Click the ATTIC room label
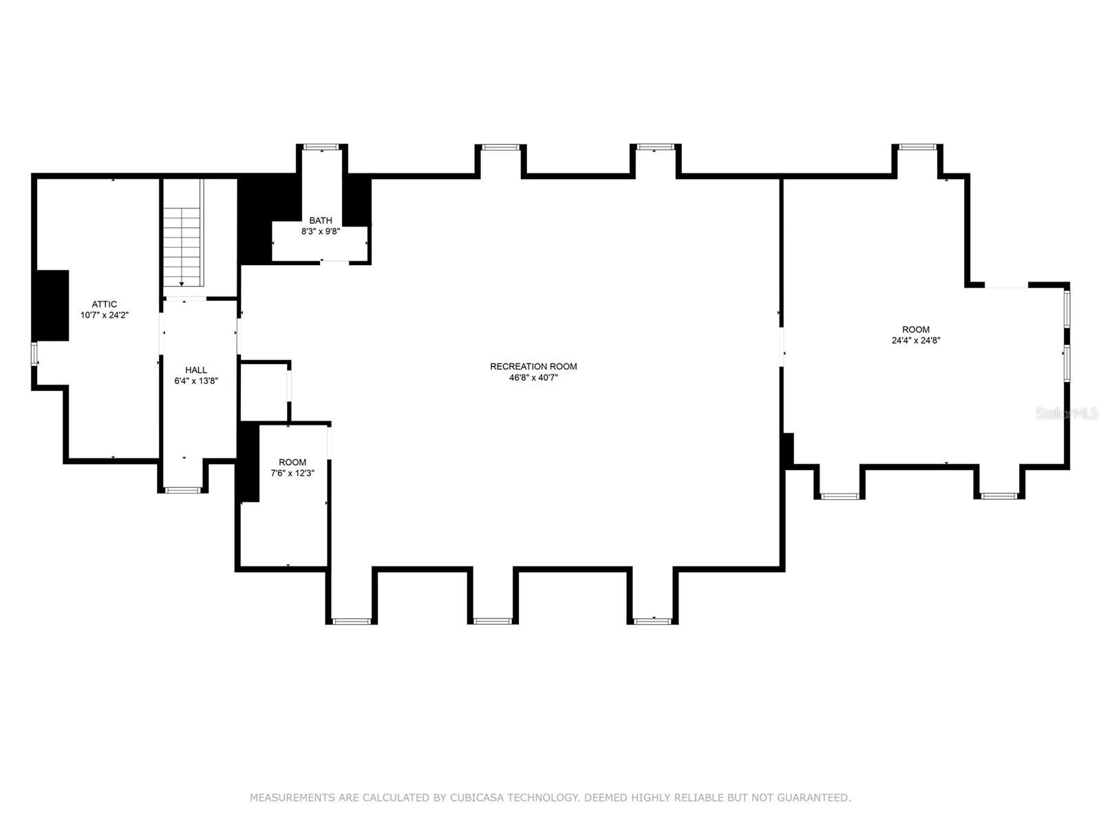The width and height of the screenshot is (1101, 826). tap(105, 304)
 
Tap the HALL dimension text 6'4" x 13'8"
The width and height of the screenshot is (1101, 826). tap(196, 381)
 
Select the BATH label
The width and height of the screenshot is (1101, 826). tap(321, 220)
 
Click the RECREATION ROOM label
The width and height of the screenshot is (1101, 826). tap(533, 366)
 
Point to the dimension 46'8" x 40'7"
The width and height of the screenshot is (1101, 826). tap(533, 377)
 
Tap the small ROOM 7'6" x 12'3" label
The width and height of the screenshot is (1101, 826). tap(292, 462)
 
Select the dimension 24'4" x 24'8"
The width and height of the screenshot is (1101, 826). tap(916, 340)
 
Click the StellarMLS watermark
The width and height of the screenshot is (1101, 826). tap(1067, 413)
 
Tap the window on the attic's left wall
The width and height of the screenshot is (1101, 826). tap(34, 354)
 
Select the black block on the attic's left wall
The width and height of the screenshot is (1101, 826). tap(52, 305)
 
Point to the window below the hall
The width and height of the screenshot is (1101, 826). tap(183, 490)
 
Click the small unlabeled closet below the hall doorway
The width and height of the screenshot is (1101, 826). tap(263, 391)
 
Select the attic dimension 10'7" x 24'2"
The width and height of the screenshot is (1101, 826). tap(105, 315)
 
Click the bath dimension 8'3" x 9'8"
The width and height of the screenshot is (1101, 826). tap(321, 231)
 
